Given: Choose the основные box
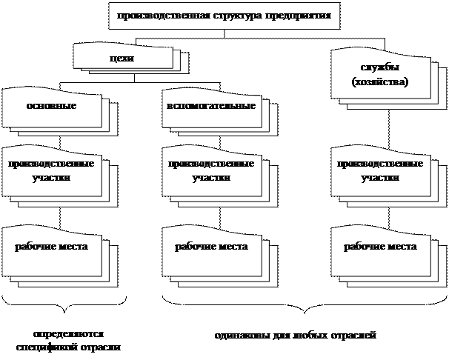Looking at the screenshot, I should click(x=52, y=106).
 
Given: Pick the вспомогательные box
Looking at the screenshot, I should click(x=211, y=106).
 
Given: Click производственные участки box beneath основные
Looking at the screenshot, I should click(x=52, y=170).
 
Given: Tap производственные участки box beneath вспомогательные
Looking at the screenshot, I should click(x=210, y=170).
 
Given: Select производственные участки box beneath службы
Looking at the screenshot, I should click(x=380, y=170).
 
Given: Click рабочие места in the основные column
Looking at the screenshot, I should click(x=52, y=246).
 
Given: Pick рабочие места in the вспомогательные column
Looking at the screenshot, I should click(x=210, y=246).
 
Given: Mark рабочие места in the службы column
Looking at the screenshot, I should click(x=380, y=246).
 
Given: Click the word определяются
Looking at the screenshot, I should click(x=68, y=334).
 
